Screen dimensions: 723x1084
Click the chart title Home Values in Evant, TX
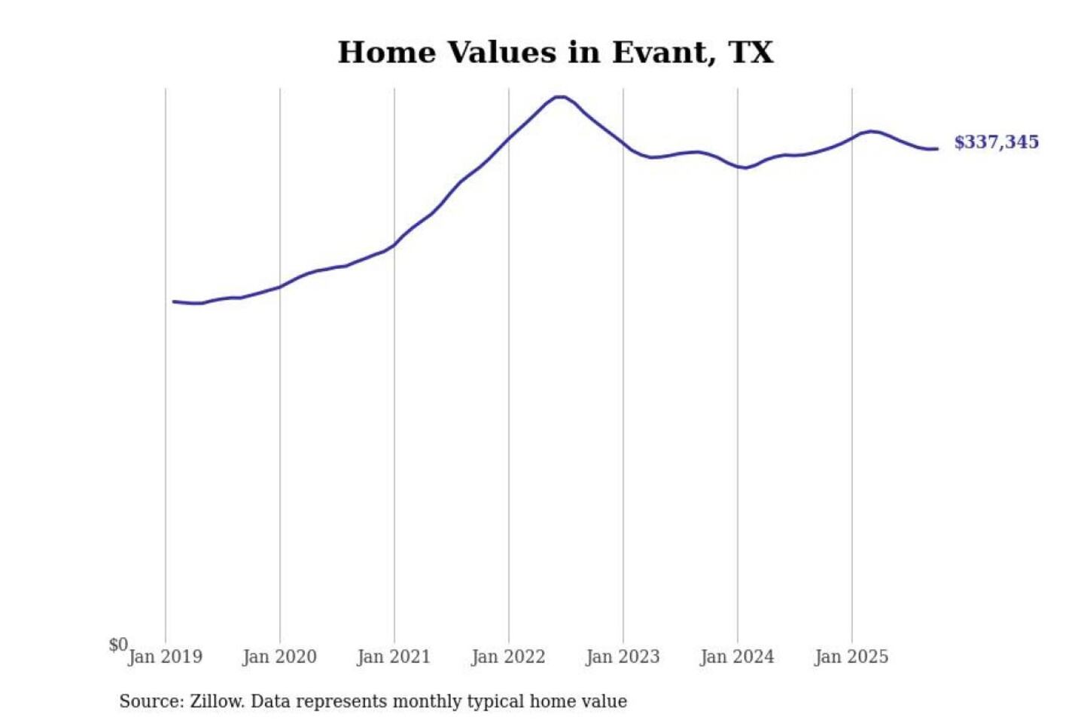tap(556, 53)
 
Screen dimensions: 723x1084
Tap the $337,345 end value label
tap(996, 142)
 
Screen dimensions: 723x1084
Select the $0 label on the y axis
tap(118, 645)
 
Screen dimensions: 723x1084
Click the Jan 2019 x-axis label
tap(166, 657)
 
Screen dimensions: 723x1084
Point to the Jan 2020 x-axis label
tap(280, 657)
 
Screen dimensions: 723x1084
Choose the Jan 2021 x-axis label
tap(394, 657)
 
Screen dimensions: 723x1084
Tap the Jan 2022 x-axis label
tap(508, 657)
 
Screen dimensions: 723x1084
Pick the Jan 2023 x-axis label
tap(623, 657)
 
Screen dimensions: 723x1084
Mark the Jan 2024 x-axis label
tap(737, 657)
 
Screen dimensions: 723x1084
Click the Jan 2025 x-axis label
tap(851, 657)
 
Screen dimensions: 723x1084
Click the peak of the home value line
tap(559, 96)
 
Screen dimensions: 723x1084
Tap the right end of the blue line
tap(937, 149)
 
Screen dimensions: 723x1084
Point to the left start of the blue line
tap(174, 301)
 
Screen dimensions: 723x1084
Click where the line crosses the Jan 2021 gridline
tap(394, 245)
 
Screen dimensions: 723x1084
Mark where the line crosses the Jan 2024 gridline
tap(738, 166)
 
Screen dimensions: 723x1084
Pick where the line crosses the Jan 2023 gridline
tap(623, 143)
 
